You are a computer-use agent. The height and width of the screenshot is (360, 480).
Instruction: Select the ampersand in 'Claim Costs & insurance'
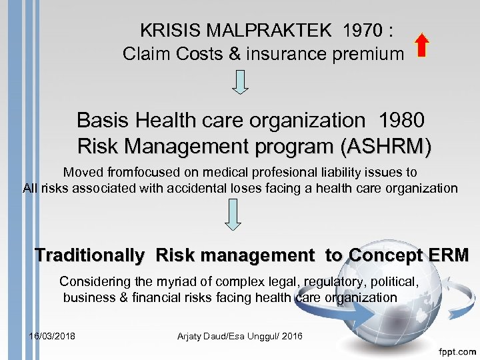(x=234, y=54)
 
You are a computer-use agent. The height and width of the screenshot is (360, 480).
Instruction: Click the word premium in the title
(x=372, y=54)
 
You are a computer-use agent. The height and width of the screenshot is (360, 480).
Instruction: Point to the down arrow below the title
(x=241, y=81)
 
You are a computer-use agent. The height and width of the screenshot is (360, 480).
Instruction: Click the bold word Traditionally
(x=89, y=255)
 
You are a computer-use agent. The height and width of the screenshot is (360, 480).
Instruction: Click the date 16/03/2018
(x=52, y=335)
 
